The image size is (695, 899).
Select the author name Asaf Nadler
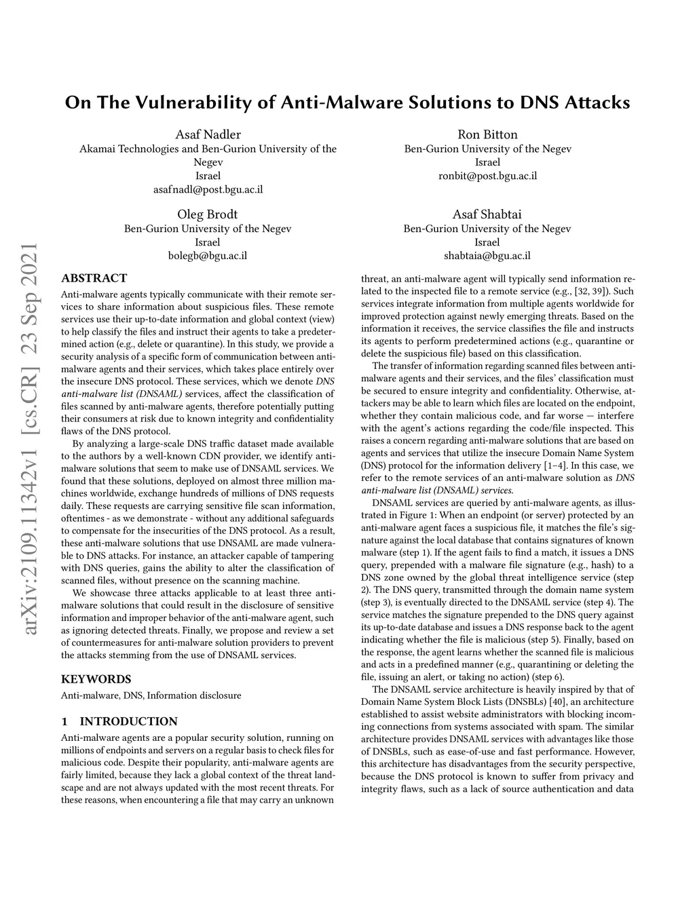pyautogui.click(x=208, y=134)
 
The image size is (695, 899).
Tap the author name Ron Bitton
pyautogui.click(x=487, y=134)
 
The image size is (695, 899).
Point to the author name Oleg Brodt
pyautogui.click(x=208, y=214)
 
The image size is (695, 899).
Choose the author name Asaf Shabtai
pyautogui.click(x=487, y=214)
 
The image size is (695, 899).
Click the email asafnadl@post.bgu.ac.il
pyautogui.click(x=208, y=189)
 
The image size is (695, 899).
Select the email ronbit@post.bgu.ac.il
pyautogui.click(x=487, y=176)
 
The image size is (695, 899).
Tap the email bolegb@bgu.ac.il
pyautogui.click(x=208, y=256)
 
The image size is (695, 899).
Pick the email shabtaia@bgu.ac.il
pyautogui.click(x=487, y=256)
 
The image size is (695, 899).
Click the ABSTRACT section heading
pyautogui.click(x=94, y=278)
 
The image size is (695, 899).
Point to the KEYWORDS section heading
pyautogui.click(x=96, y=678)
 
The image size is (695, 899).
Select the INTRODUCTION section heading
pyautogui.click(x=128, y=721)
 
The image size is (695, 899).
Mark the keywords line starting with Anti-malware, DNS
pyautogui.click(x=151, y=695)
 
